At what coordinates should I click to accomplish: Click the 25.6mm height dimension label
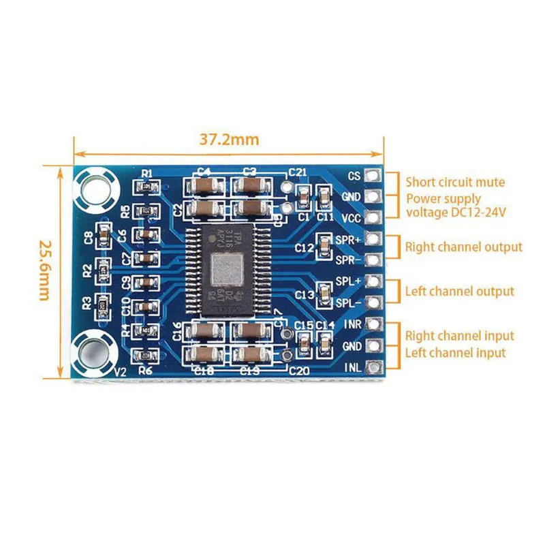point(45,270)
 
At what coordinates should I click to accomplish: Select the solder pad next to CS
point(372,176)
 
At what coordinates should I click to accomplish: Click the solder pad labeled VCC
point(372,218)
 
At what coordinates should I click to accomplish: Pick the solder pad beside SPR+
point(372,239)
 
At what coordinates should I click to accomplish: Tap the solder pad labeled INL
point(372,367)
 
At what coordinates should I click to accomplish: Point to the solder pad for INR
point(372,324)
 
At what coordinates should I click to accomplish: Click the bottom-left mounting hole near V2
point(93,352)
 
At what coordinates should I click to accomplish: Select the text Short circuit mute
point(455,182)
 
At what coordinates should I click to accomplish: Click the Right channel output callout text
point(463,247)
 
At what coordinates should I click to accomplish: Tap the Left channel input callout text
point(455,353)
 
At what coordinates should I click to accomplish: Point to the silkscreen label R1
point(146,173)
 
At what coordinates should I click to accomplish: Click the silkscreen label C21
point(297,172)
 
